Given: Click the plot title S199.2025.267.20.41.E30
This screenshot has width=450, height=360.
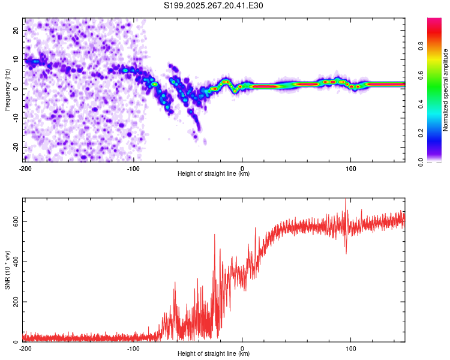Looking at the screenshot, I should point(214,6).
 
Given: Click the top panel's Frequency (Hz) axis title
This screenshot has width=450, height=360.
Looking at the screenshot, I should point(7,89).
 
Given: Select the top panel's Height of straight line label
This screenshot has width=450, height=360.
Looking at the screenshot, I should point(214,173).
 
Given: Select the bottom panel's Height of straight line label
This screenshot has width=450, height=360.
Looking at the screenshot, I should point(214,353).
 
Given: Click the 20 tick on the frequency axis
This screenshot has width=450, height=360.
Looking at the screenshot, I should point(16,29).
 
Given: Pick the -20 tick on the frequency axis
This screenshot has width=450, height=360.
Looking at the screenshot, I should point(15,147).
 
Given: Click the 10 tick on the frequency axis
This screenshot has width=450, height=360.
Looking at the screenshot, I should point(16,59).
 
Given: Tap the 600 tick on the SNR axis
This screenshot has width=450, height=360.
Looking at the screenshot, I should point(14,221).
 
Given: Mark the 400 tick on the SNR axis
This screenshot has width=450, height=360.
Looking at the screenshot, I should point(14,262).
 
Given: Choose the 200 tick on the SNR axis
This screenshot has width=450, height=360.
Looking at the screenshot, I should point(14,302).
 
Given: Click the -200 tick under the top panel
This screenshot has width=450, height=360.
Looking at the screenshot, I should point(25,169).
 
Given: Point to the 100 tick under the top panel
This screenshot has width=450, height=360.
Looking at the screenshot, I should point(351,169).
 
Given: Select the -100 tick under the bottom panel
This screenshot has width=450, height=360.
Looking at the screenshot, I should point(133,349).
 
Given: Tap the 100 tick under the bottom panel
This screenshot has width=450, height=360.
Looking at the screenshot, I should point(351,349).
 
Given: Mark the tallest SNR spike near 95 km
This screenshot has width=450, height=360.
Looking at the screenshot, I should point(346,200).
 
